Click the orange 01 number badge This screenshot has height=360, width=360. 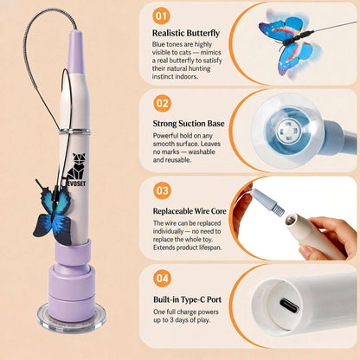pos(162,16)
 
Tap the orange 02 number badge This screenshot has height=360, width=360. pos(162,103)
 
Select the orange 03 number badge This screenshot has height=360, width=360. pos(162,190)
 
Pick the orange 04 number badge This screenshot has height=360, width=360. pos(162,279)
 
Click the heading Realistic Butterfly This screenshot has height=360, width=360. pos(186,33)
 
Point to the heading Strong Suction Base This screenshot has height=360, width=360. pos(189,124)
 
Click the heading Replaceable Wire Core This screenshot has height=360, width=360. pos(190,211)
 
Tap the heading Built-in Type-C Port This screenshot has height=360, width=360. pos(188,299)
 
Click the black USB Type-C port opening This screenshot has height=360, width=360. pos(289,306)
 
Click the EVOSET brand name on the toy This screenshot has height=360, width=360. pos(76,183)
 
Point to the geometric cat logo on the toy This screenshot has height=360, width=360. pos(76,166)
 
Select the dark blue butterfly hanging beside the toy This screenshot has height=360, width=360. pos(53,211)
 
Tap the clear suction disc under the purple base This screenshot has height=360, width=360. pos(72,318)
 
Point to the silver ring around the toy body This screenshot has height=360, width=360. pos(74,132)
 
